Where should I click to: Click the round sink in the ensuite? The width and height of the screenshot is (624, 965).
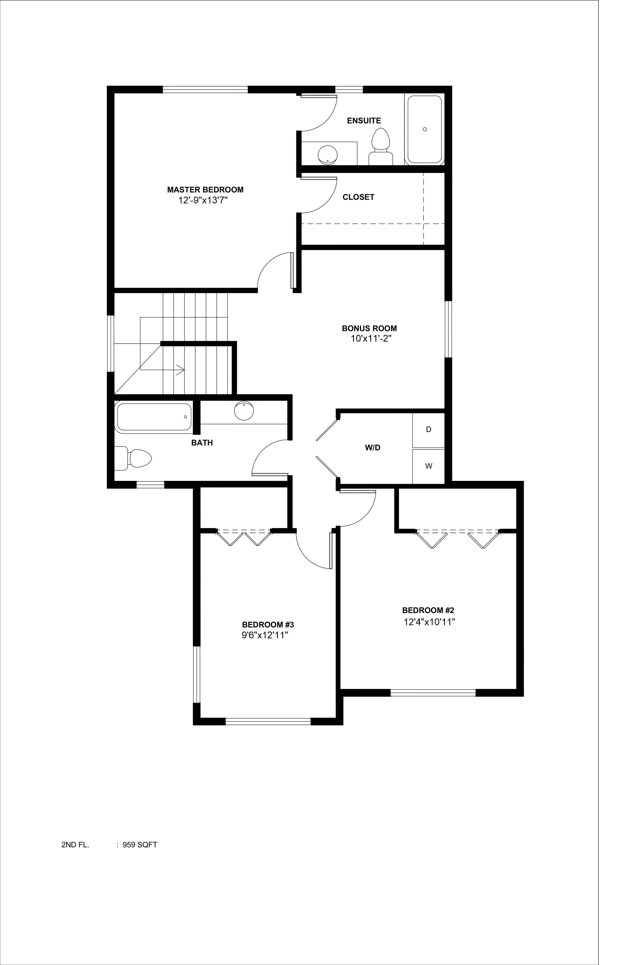(x=327, y=155)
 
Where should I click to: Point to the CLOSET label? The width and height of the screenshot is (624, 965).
(x=358, y=197)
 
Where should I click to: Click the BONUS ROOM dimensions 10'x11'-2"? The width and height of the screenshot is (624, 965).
(x=371, y=338)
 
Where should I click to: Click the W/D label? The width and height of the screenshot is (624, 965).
(x=372, y=448)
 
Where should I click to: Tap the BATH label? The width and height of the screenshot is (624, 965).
(x=202, y=443)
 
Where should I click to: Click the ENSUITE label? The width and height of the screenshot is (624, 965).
(x=364, y=120)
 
